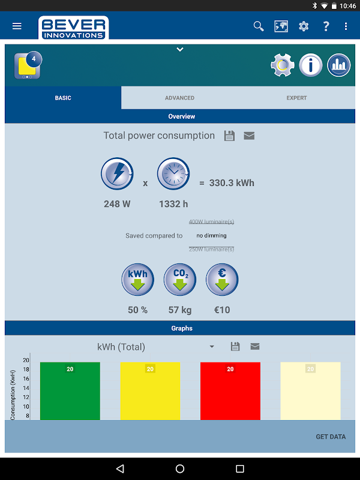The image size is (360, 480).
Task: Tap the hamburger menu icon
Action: [17, 26]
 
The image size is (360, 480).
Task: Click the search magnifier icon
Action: [259, 26]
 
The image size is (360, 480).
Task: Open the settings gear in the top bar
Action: [304, 26]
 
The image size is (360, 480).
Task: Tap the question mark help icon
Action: [326, 26]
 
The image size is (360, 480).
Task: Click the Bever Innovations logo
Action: [73, 28]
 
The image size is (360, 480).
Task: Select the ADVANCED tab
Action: [180, 98]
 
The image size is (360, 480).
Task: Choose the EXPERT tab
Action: [296, 98]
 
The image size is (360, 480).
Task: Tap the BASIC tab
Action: [63, 98]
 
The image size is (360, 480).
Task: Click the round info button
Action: [311, 65]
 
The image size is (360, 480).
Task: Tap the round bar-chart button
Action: [339, 65]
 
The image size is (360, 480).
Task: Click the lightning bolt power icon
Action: [117, 175]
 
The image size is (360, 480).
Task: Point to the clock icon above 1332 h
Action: [173, 175]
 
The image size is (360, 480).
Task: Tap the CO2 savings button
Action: [180, 279]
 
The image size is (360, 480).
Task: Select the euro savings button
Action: [222, 279]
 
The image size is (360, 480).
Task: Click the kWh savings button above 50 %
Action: [138, 279]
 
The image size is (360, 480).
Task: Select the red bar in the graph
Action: [230, 391]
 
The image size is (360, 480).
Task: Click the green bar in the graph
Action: [70, 391]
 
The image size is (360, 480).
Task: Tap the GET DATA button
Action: [331, 437]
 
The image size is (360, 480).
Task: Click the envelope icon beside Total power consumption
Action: [249, 136]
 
